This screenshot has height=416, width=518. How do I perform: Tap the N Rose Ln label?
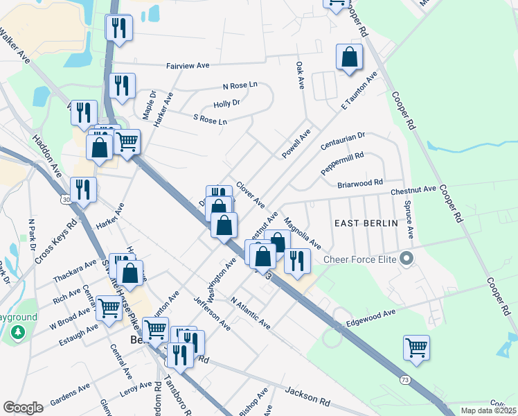click(240, 85)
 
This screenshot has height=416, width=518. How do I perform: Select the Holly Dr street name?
click(226, 103)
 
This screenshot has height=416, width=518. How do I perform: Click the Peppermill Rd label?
click(342, 164)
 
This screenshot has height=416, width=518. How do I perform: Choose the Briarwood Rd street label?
click(360, 184)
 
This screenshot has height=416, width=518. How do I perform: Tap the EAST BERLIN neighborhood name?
click(366, 223)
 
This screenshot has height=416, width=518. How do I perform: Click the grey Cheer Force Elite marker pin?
click(407, 259)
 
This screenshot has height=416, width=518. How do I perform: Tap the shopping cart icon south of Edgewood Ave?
click(416, 347)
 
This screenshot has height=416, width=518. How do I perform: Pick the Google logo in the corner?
click(23, 408)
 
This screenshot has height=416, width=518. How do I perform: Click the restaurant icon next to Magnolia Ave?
click(297, 261)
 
